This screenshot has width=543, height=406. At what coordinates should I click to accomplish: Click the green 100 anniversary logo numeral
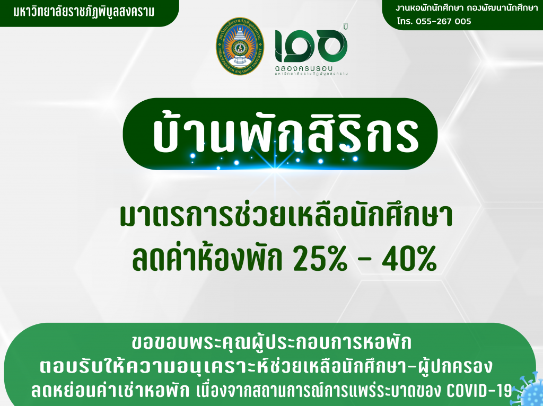coord(311,44)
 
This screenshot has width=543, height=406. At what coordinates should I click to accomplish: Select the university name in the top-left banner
coord(84,12)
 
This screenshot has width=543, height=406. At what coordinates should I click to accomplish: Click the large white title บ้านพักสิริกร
coord(285,132)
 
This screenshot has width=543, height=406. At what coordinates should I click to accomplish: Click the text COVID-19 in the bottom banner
coord(479,390)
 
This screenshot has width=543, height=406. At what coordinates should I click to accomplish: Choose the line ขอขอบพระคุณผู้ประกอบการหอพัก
coord(272,342)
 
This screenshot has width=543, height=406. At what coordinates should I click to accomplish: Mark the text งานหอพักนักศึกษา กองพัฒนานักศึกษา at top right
coord(467,8)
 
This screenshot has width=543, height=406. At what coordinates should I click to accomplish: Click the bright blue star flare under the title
coord(274,163)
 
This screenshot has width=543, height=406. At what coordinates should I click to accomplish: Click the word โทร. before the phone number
coord(405,21)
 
